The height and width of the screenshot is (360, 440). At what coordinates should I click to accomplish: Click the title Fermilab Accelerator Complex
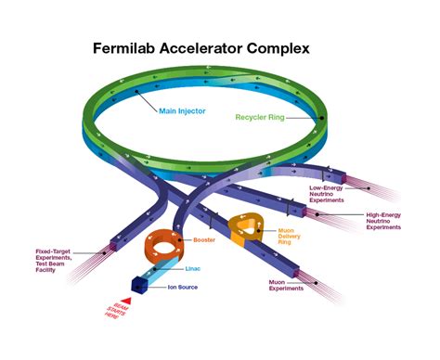(x=219, y=47)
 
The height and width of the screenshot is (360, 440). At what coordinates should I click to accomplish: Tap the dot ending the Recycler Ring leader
(x=321, y=117)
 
